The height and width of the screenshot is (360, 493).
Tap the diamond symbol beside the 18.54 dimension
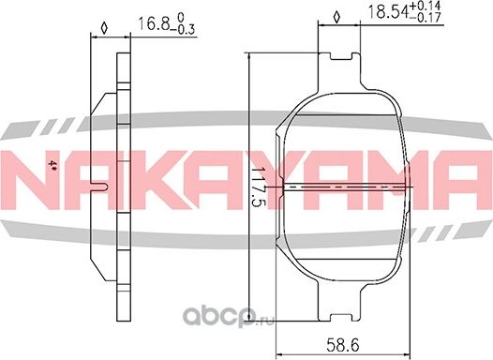point(336,18)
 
